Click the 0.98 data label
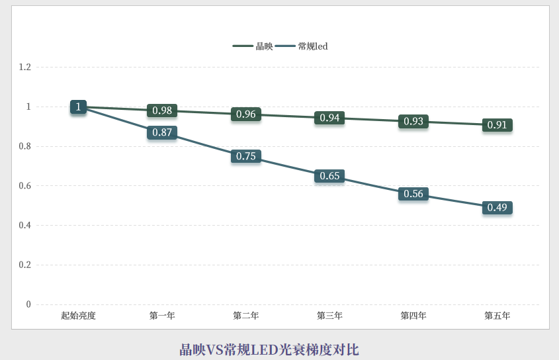[x=162, y=111]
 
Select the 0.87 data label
[x=162, y=132]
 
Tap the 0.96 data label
[x=246, y=114]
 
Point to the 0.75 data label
[x=246, y=156]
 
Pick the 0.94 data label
[x=329, y=118]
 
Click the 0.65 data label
[x=329, y=176]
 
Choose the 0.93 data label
[x=413, y=121]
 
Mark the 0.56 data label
[x=413, y=194]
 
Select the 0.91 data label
[x=497, y=125]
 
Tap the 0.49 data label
[x=497, y=208]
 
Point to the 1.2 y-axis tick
[x=25, y=67]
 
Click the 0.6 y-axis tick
[x=25, y=186]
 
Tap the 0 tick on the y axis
[x=28, y=304]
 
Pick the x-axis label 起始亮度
[x=78, y=316]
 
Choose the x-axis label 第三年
[x=329, y=316]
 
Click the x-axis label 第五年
[x=497, y=316]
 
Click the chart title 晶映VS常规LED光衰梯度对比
[x=269, y=349]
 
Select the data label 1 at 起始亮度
[x=78, y=107]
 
